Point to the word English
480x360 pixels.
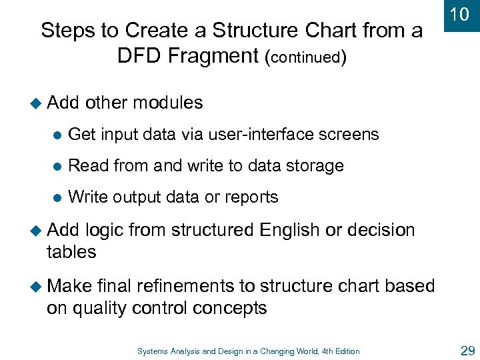pos(289,231)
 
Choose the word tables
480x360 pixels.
pos(71,252)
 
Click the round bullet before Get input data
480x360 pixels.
pos(56,135)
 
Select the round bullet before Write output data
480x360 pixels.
pos(56,198)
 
